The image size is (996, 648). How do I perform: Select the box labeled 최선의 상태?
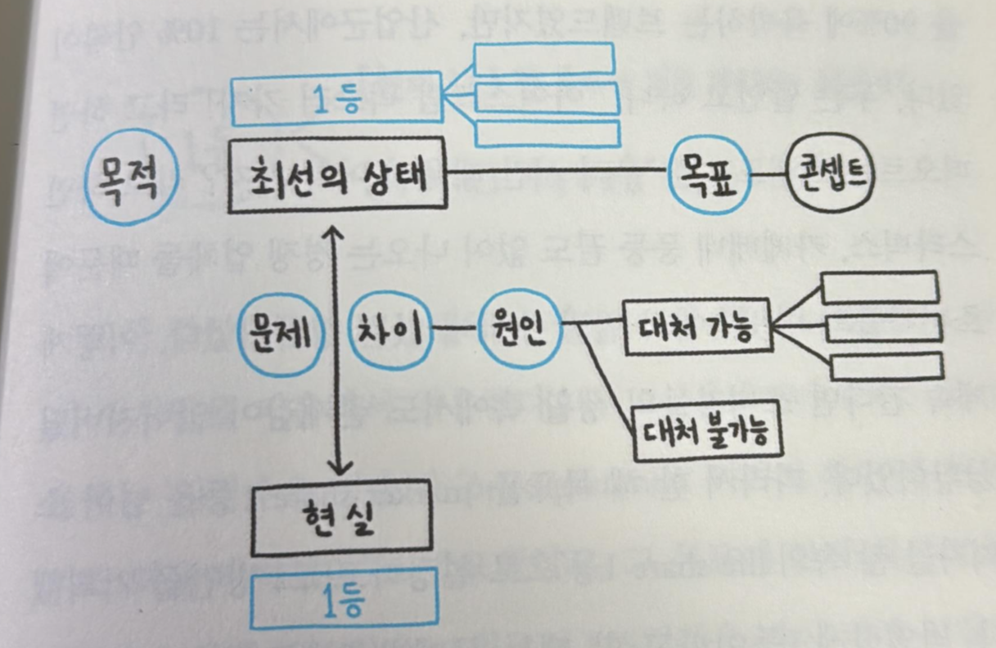337,178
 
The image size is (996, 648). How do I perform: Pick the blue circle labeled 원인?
519,329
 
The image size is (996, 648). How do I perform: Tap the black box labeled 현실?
342,521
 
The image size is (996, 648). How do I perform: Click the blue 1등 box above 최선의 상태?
336,100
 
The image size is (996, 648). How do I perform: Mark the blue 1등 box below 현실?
344,600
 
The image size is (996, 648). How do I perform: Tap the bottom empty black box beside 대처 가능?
887,367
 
